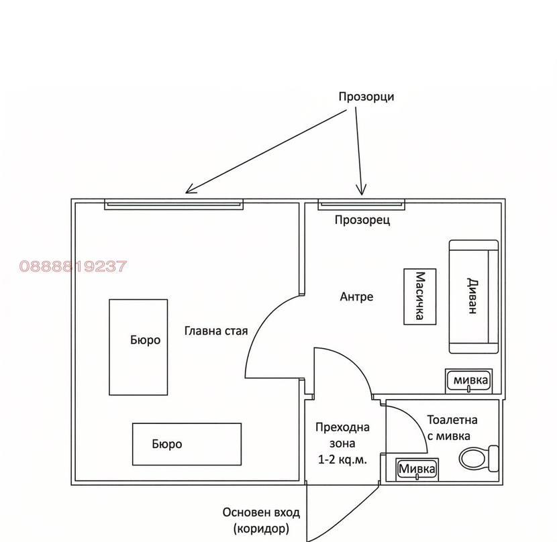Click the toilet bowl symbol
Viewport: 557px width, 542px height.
click(479, 459)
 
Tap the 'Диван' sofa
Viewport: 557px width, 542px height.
click(474, 296)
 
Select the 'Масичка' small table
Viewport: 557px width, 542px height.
click(420, 296)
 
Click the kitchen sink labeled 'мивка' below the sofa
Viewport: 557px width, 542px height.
click(469, 381)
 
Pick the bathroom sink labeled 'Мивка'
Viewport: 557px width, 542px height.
click(417, 470)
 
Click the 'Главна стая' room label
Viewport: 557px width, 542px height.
click(216, 331)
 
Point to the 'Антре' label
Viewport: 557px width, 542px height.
click(356, 296)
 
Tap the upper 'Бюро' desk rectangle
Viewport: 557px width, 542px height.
click(138, 347)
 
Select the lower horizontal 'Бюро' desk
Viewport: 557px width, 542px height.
click(187, 444)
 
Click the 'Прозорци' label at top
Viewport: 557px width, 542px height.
click(366, 97)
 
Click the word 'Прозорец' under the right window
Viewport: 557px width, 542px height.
click(362, 220)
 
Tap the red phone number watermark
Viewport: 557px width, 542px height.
click(73, 266)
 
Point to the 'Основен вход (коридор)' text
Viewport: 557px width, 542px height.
click(261, 521)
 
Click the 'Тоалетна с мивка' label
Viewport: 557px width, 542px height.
click(452, 428)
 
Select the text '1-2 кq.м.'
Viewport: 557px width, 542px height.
click(342, 460)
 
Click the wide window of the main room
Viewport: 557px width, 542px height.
click(174, 204)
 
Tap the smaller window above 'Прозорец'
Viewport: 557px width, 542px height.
click(361, 204)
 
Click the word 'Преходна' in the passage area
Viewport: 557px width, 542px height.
click(342, 427)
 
